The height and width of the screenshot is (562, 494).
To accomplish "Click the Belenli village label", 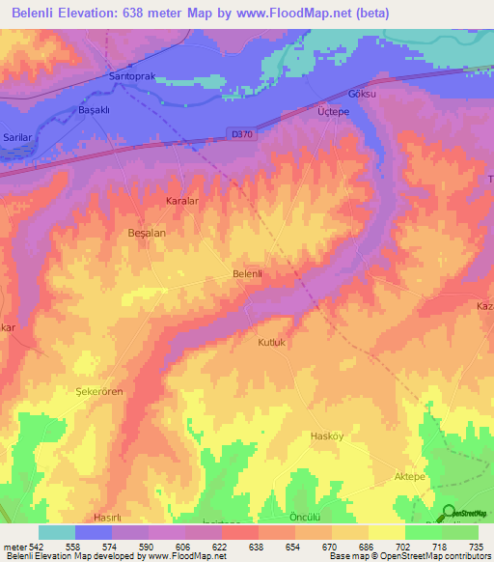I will point(248,274).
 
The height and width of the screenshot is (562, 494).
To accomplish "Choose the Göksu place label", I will point(360,95).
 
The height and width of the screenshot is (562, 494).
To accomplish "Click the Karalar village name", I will point(181,203).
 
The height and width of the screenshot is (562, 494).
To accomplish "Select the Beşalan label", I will point(149,235).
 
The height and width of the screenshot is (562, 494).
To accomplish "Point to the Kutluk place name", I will point(274,343).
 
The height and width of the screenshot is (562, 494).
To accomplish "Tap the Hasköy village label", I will point(326,436).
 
